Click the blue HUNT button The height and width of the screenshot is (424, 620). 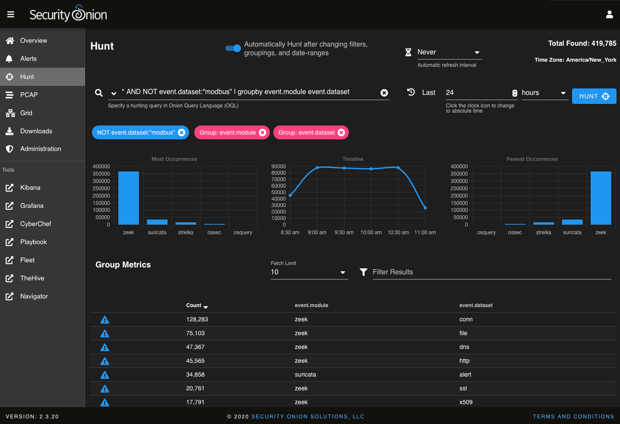click(x=594, y=96)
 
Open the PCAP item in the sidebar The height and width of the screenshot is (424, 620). click(x=28, y=95)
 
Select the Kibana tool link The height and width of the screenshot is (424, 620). click(x=30, y=188)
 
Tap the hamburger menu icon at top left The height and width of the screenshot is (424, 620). click(x=11, y=15)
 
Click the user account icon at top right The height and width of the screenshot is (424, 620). click(x=609, y=15)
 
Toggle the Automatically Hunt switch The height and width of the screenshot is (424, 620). click(x=233, y=48)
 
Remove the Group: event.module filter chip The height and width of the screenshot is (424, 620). click(x=263, y=132)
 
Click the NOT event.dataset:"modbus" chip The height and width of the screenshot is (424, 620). click(x=136, y=132)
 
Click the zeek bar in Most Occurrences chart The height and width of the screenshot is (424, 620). click(x=128, y=198)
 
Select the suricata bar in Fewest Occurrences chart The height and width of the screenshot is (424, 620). click(x=572, y=222)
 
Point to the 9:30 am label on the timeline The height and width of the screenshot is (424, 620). click(x=344, y=232)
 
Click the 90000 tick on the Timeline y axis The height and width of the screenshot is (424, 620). click(x=278, y=166)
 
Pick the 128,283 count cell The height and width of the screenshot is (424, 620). click(x=197, y=320)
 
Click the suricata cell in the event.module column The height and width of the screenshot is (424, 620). click(x=305, y=375)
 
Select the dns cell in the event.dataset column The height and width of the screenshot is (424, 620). click(x=464, y=347)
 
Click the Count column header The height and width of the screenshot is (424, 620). click(x=194, y=305)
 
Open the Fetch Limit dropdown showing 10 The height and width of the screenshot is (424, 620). click(x=309, y=272)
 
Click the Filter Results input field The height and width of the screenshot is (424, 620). click(x=491, y=272)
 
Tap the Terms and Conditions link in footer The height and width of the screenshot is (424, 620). click(x=573, y=417)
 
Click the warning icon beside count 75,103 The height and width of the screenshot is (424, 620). click(x=104, y=333)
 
